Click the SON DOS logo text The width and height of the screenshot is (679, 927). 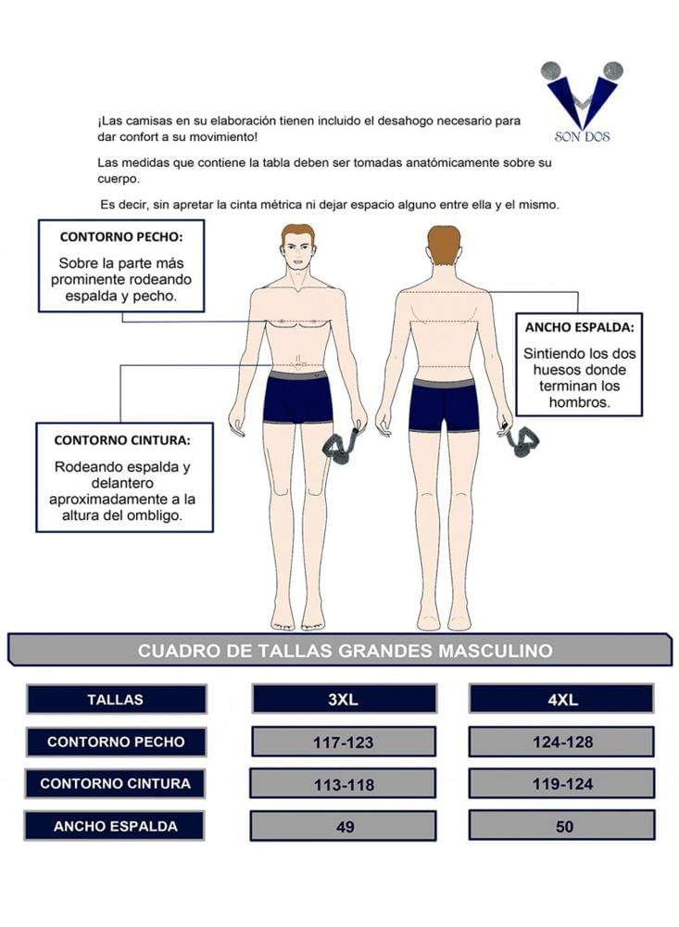click(x=582, y=136)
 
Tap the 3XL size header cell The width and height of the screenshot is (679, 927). click(x=344, y=699)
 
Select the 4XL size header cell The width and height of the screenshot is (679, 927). click(x=561, y=699)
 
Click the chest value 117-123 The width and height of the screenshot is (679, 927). click(x=344, y=742)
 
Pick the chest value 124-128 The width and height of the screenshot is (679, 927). click(x=562, y=742)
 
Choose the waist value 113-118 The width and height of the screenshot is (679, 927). click(x=344, y=784)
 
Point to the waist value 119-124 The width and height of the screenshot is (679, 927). click(x=562, y=783)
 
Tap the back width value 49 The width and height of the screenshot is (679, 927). click(x=344, y=826)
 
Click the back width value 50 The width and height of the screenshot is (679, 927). click(x=562, y=825)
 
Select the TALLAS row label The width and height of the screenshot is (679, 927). click(x=116, y=699)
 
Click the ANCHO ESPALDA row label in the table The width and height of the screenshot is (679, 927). click(x=115, y=826)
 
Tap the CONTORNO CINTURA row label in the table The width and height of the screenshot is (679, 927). click(x=115, y=783)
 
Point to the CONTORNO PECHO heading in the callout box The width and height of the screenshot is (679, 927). click(x=121, y=237)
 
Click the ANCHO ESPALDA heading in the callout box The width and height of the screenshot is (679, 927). click(x=579, y=327)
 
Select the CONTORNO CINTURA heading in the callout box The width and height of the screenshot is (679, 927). click(x=122, y=440)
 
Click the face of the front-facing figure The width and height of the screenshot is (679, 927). click(x=296, y=252)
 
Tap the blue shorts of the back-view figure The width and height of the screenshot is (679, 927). click(x=443, y=406)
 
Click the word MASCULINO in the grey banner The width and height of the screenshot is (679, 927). click(x=496, y=651)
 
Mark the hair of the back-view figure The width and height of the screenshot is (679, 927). click(x=444, y=243)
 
